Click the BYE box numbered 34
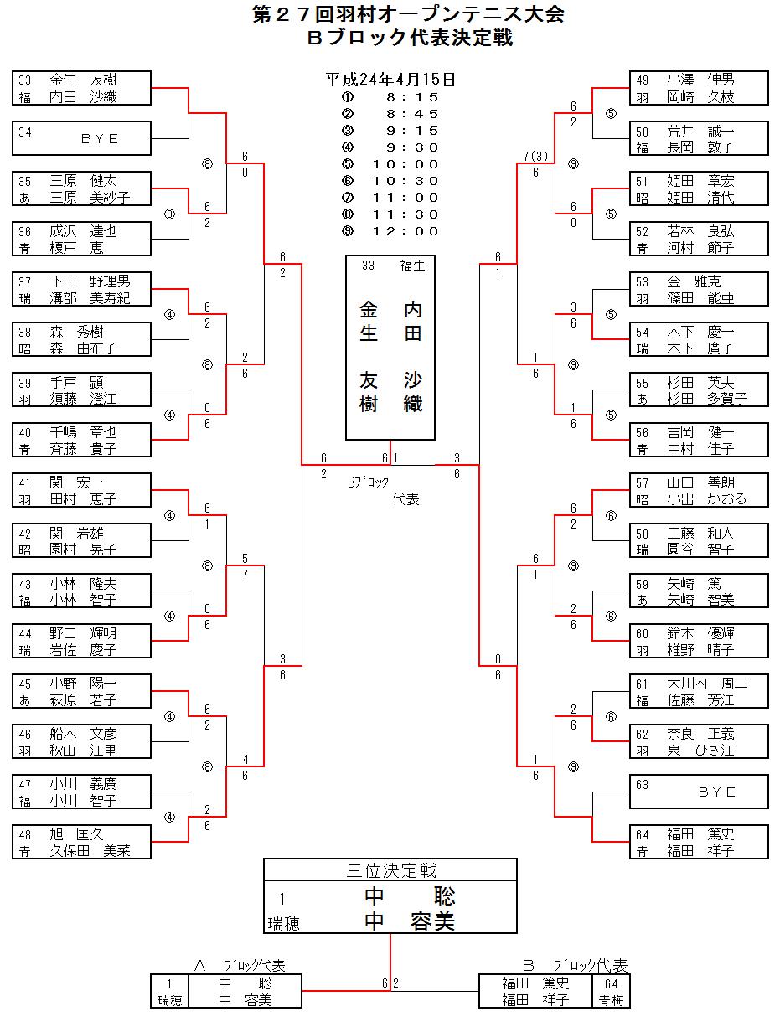coord(81,138)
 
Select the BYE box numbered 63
coord(699,792)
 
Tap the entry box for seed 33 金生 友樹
coord(81,88)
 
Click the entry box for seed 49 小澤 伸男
coord(699,88)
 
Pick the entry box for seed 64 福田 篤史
coord(699,842)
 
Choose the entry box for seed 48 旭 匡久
coord(81,842)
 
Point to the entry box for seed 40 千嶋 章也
coord(81,440)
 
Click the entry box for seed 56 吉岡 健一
coord(699,440)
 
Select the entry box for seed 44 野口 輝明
coord(81,641)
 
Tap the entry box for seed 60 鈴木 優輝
coord(699,641)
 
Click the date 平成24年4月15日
coord(390,80)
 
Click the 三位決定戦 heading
coord(390,870)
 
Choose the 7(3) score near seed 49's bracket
coord(535,157)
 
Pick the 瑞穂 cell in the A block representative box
coord(170,1000)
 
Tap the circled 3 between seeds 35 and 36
coord(170,214)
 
